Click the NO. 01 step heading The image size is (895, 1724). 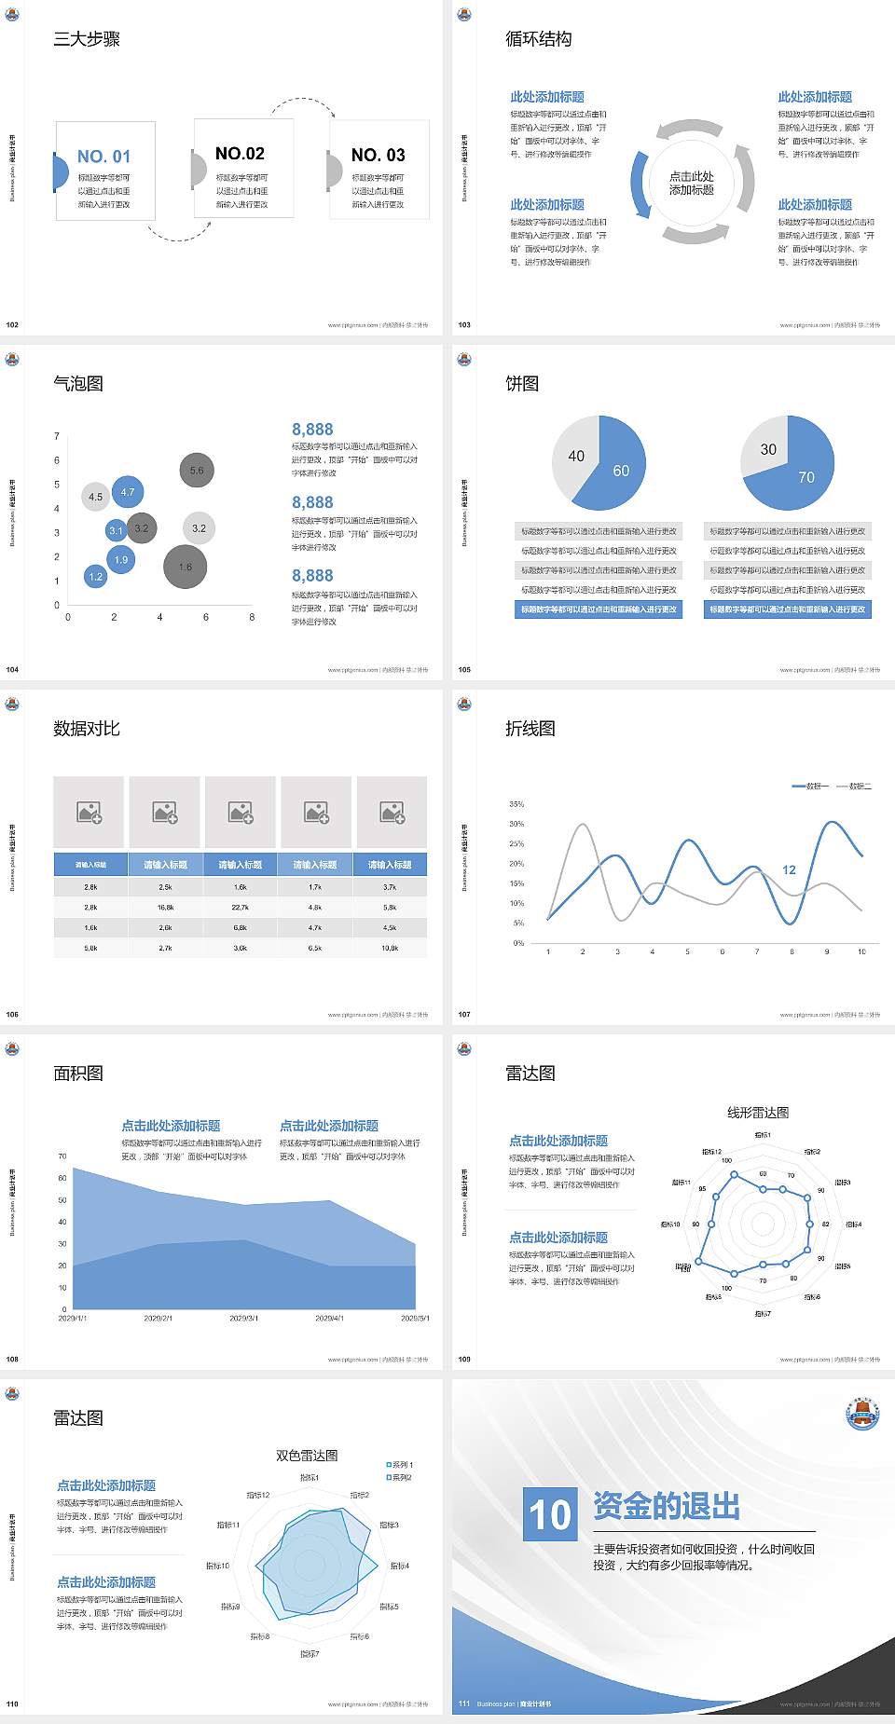(x=103, y=157)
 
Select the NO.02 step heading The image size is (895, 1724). (x=240, y=154)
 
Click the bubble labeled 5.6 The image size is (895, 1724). (x=197, y=471)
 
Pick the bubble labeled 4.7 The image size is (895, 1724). (x=128, y=492)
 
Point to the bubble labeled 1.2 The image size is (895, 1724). (x=95, y=577)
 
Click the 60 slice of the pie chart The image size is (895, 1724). (x=616, y=471)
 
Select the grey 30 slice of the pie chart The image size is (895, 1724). (x=767, y=448)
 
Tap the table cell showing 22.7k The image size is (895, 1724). (x=240, y=907)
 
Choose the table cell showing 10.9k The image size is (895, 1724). (x=390, y=948)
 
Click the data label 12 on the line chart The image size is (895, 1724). (x=789, y=870)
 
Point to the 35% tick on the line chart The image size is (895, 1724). (x=516, y=804)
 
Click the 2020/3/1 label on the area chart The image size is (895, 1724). (x=243, y=1319)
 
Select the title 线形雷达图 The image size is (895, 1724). (x=758, y=1113)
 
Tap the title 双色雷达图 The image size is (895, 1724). (x=307, y=1456)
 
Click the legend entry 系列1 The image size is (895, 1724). (x=401, y=1465)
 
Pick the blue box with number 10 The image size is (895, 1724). (x=550, y=1513)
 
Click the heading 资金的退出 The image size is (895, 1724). (x=667, y=1506)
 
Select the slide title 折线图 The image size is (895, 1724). (x=530, y=729)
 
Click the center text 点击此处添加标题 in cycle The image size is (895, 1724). (x=692, y=183)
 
